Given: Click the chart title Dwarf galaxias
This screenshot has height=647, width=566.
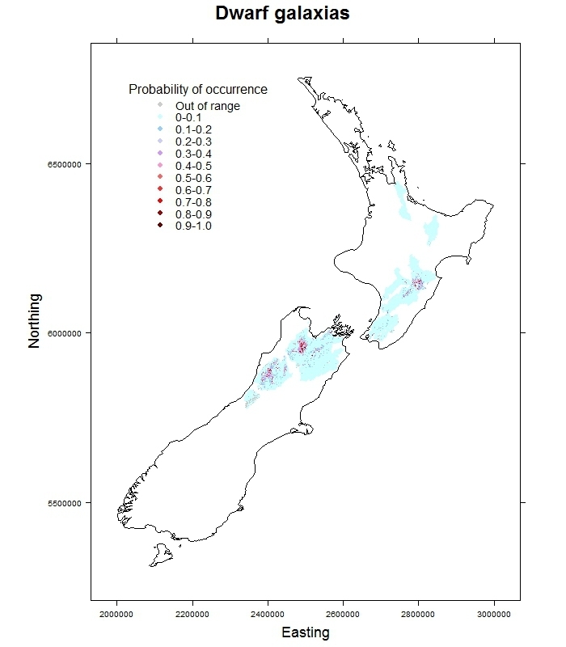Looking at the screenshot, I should pyautogui.click(x=282, y=14).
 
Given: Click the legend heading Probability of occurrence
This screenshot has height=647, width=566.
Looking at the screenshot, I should pyautogui.click(x=198, y=89).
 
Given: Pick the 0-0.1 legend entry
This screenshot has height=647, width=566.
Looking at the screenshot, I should pyautogui.click(x=188, y=118).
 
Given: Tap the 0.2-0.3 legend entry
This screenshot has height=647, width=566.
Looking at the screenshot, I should pyautogui.click(x=193, y=142).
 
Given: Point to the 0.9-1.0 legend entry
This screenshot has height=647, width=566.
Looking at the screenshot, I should pyautogui.click(x=193, y=226).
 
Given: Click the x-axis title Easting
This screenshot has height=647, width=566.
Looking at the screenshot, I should pyautogui.click(x=305, y=632).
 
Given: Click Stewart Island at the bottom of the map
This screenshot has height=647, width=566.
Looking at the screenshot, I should pyautogui.click(x=160, y=555).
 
